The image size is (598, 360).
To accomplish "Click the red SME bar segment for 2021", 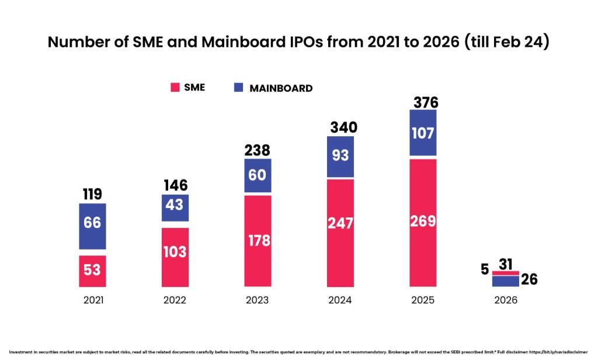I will tap(92, 271).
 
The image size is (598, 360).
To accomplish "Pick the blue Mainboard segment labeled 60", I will tap(257, 175).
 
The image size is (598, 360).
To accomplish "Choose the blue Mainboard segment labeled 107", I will tap(422, 133).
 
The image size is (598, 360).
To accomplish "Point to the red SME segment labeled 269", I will tap(422, 223).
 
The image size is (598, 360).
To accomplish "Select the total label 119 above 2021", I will tap(92, 195).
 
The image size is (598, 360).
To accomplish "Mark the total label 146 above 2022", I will tap(175, 186).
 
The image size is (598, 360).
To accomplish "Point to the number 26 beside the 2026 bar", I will tap(529, 279).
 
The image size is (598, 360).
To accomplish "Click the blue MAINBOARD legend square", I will tap(238, 88).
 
